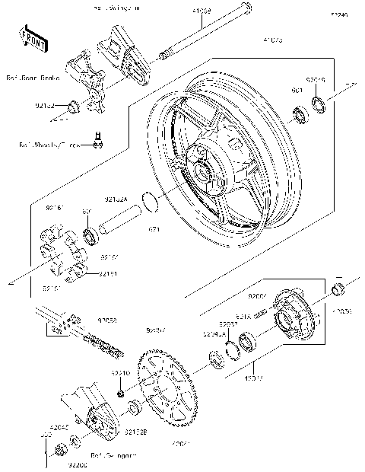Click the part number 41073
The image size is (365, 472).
[x=272, y=39]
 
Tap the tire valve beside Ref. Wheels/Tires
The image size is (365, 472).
[x=97, y=138]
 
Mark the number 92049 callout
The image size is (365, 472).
[x=316, y=79]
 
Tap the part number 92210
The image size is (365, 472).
[x=120, y=373]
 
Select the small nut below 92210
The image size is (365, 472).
[x=121, y=394]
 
